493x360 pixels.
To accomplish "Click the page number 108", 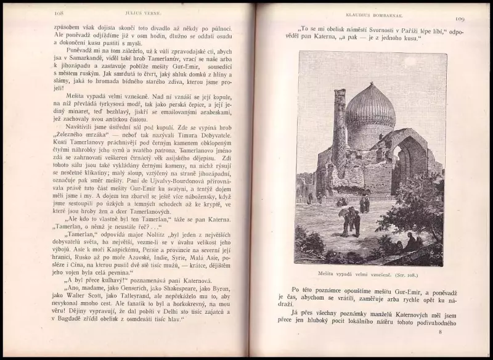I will coord(59,13).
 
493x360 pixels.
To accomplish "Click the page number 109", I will coord(459,20).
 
